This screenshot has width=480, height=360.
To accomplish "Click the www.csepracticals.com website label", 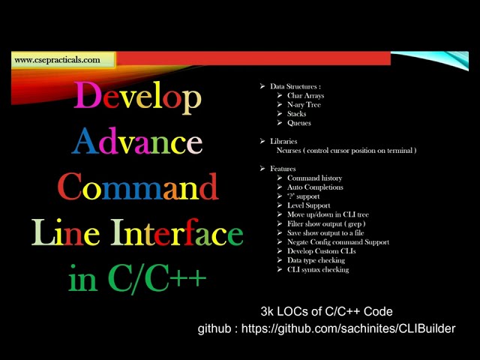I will [57, 60].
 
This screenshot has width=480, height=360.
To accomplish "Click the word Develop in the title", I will [137, 97].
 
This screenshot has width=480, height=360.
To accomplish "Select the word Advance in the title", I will [137, 141].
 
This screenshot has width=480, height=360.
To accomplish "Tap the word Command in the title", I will [137, 187].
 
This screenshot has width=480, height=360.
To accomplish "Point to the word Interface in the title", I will [177, 232].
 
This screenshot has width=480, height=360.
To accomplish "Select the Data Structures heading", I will [295, 87].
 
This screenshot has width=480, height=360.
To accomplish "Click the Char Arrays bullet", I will [305, 96].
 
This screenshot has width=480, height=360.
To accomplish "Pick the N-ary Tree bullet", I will [304, 105].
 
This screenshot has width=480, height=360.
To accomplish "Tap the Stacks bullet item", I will [297, 114].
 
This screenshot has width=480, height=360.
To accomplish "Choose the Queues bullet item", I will [298, 123].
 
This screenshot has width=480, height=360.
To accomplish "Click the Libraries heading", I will [283, 141].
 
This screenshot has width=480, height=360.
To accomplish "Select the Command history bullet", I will [314, 178].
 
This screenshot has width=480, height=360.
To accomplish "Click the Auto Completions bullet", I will [315, 187].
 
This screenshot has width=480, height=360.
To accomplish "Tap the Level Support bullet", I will [308, 205].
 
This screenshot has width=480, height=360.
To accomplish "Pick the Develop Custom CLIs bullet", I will [321, 251].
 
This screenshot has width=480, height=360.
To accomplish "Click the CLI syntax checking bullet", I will [318, 270].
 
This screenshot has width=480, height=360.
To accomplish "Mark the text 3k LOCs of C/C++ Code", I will [326, 311].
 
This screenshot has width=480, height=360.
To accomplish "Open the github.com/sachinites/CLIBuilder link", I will [348, 328].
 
